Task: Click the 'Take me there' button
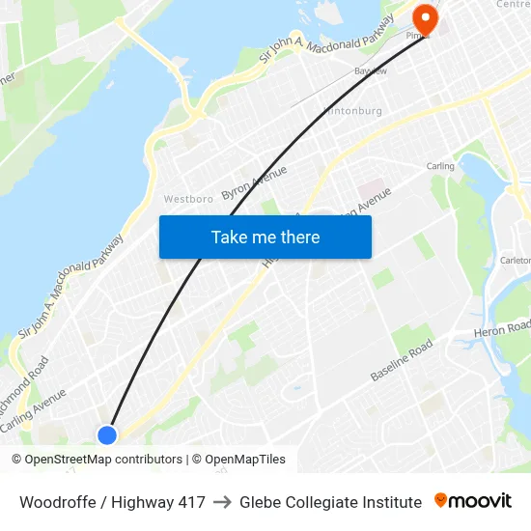click(x=265, y=237)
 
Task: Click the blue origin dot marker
click(x=107, y=434)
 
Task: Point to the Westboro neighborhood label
click(x=188, y=199)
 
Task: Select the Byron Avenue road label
click(x=254, y=182)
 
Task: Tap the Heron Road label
click(x=502, y=329)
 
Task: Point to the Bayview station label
click(x=370, y=71)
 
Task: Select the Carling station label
click(x=440, y=166)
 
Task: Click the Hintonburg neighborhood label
click(x=352, y=111)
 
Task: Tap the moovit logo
click(x=472, y=501)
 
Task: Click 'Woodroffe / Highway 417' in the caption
click(x=112, y=502)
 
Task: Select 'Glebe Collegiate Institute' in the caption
click(x=330, y=502)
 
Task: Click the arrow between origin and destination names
click(x=222, y=502)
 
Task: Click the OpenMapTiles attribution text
click(x=238, y=460)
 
